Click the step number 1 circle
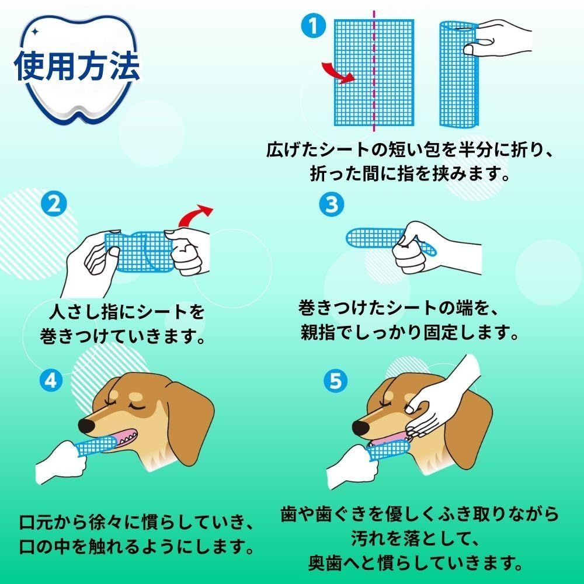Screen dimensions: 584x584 point(313,26)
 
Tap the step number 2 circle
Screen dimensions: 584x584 point(54,204)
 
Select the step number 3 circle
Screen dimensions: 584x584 point(332,204)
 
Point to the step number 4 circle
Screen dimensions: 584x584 point(51,380)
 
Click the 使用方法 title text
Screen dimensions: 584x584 point(77,67)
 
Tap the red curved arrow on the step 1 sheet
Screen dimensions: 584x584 point(338,72)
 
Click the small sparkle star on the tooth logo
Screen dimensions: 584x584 point(34,32)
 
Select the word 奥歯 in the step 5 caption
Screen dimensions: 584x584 point(325,562)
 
